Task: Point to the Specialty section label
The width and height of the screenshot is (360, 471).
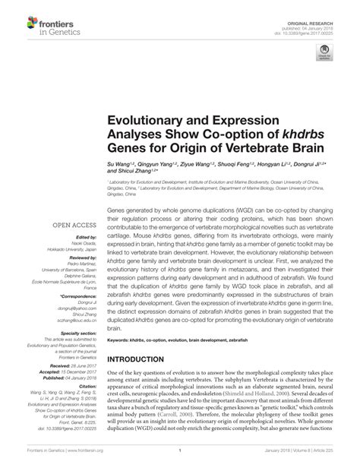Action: pos(77,333)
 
